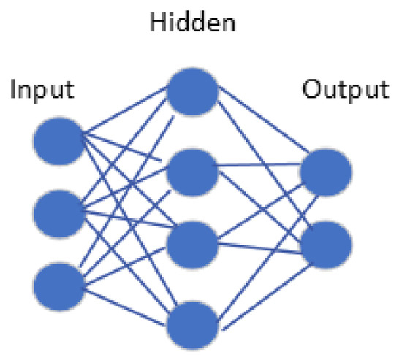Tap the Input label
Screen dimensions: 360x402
click(42, 91)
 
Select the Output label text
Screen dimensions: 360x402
click(346, 91)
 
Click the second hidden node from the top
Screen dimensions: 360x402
click(193, 169)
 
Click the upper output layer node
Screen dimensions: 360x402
click(325, 173)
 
